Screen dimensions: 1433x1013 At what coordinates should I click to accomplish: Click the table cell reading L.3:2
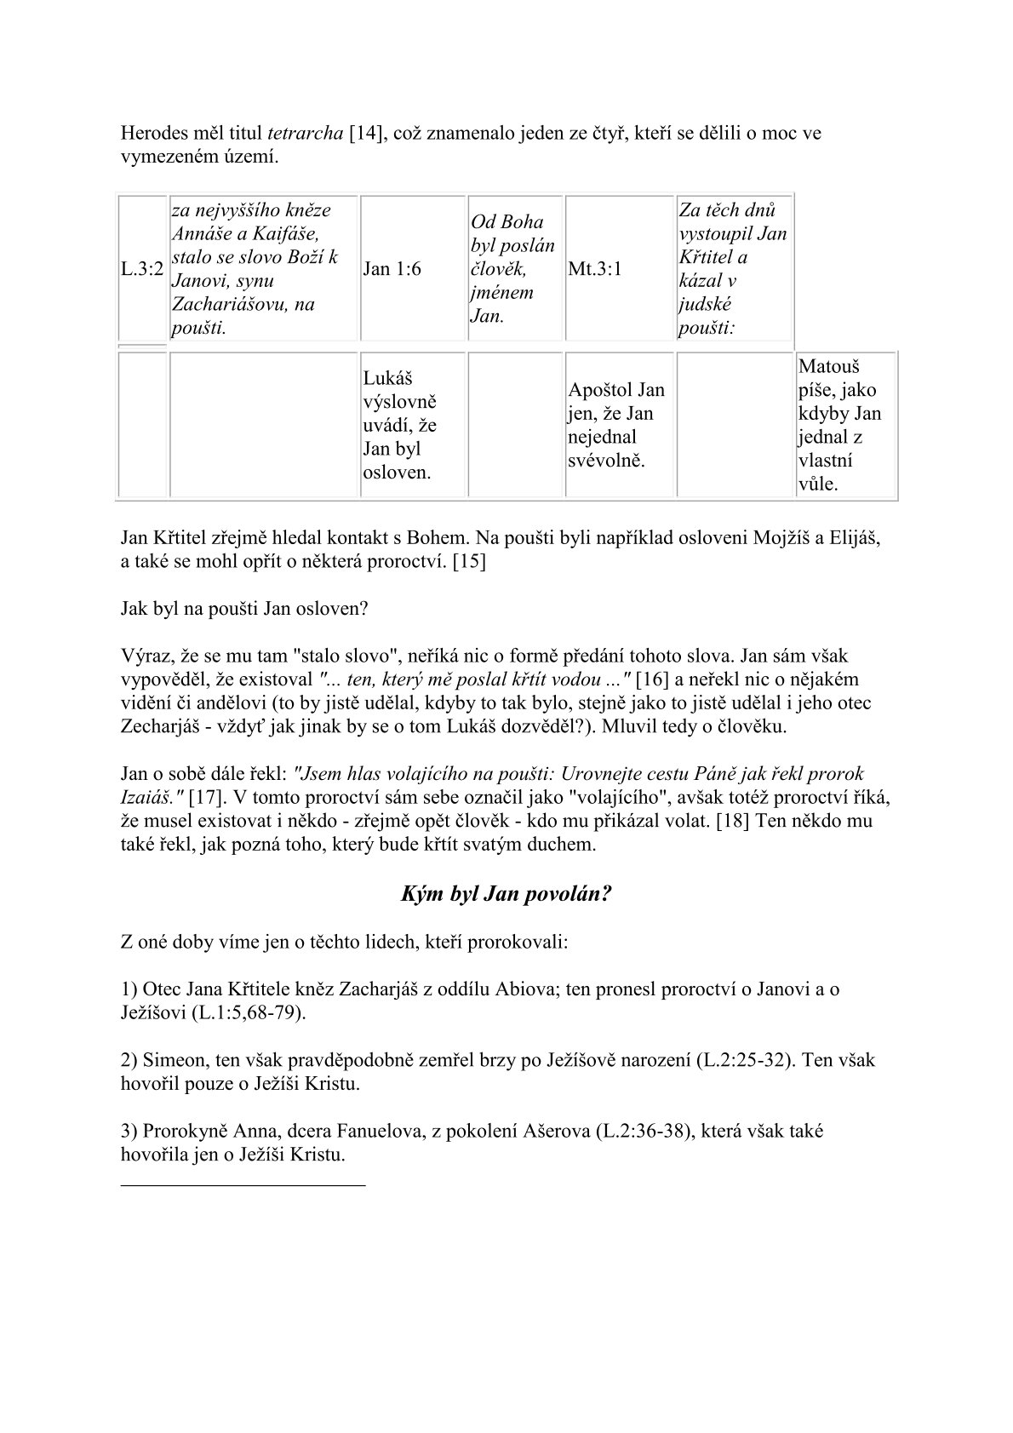click(141, 269)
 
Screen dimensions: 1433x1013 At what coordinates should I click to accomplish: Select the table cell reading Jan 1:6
click(392, 269)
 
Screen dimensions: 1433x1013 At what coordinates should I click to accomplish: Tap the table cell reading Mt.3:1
click(595, 269)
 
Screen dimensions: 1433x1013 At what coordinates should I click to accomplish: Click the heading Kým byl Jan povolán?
click(506, 895)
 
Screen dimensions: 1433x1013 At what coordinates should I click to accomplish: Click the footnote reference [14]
click(368, 134)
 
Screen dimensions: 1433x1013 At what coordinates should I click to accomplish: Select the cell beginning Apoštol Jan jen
click(616, 425)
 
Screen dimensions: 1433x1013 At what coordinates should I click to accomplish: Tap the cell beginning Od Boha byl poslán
click(512, 269)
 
